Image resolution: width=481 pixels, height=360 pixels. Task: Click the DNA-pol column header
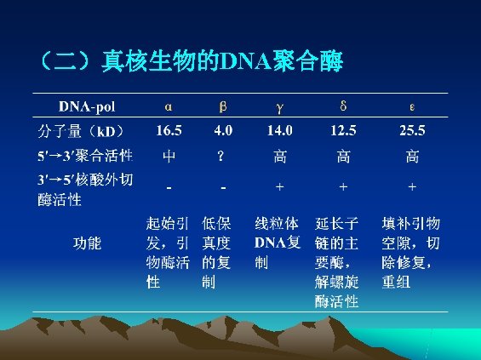click(x=87, y=107)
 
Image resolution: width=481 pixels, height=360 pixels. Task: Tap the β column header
click(x=222, y=107)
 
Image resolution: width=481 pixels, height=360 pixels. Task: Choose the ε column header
click(x=412, y=107)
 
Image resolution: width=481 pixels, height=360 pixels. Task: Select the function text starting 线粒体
click(x=278, y=243)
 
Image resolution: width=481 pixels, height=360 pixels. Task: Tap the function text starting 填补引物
click(x=411, y=252)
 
